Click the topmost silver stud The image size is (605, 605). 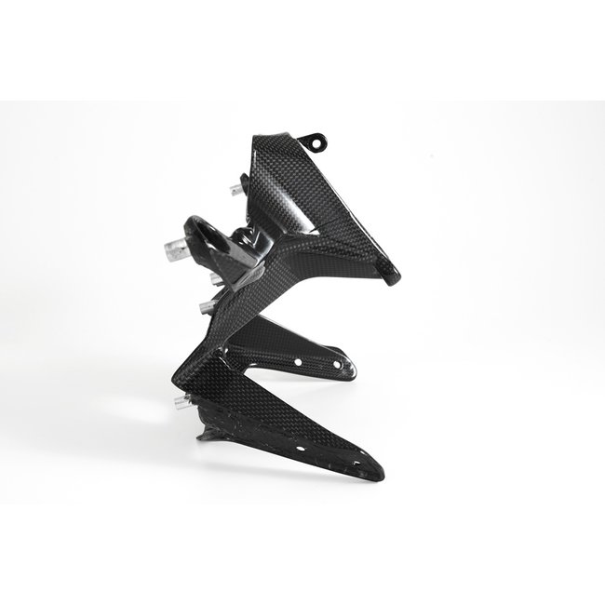pyautogui.click(x=235, y=190)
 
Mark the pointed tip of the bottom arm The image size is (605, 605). pyautogui.click(x=378, y=473)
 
